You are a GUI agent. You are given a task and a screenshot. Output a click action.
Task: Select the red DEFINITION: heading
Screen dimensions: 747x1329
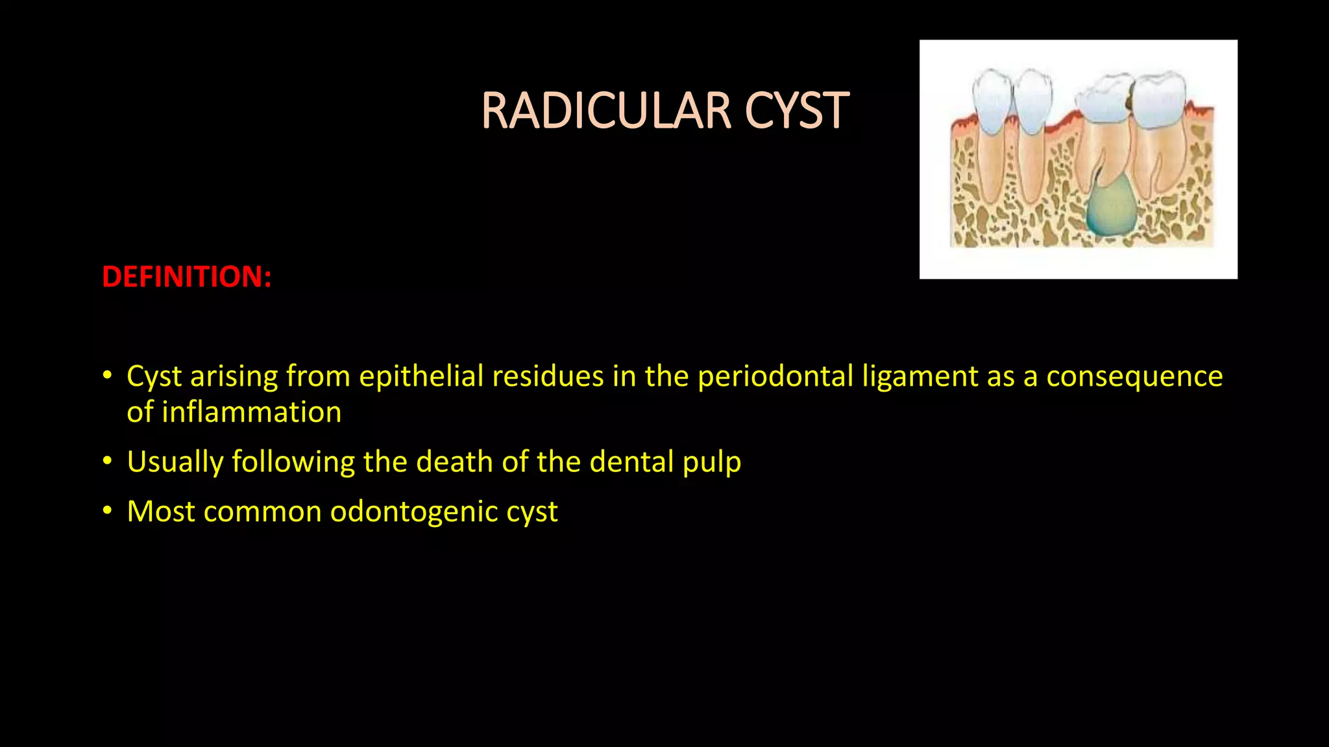[187, 277]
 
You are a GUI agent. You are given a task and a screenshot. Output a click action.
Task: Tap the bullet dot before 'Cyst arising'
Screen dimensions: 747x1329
[108, 376]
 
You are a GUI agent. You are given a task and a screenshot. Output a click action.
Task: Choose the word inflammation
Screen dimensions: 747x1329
[251, 412]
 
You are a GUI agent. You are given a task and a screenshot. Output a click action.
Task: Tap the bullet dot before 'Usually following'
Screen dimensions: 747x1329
[108, 462]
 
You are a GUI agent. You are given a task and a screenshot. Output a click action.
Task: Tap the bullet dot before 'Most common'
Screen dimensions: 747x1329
[108, 512]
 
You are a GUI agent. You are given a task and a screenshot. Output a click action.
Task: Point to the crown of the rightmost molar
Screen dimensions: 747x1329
[1160, 101]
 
